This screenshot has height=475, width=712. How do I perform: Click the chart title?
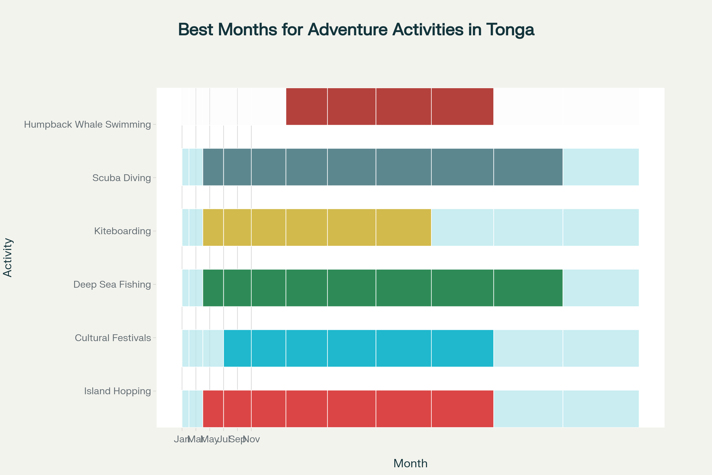356,30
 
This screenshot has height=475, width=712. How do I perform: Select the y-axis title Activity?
8,257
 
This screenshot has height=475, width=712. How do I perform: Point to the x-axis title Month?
410,463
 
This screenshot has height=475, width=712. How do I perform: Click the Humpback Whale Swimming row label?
87,124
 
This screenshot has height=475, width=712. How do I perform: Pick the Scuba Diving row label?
121,178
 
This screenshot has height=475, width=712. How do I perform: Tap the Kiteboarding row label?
122,231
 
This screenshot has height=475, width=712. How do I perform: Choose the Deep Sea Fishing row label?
112,284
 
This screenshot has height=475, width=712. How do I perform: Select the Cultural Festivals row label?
113,338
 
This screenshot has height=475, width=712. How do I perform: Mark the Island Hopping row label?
117,391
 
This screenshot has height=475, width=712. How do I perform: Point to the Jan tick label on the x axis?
181,439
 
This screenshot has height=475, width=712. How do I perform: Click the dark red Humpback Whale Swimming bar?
390,106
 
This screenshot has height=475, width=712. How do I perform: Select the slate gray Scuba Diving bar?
383,167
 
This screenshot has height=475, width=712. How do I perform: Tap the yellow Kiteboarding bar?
317,227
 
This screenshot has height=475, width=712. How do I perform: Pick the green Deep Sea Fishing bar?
383,288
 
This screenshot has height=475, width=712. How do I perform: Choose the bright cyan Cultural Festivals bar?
358,348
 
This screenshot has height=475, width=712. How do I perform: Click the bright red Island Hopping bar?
348,409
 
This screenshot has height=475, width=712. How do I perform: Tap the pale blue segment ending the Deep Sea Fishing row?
600,288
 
